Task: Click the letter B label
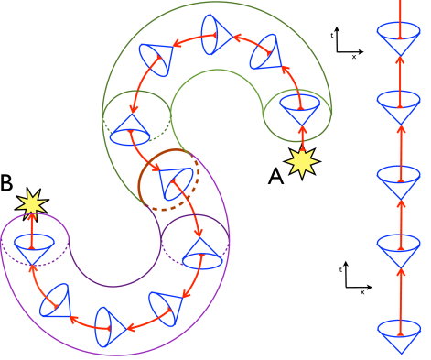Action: coord(7,183)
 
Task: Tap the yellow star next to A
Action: coord(303,161)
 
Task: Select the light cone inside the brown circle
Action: coord(172,183)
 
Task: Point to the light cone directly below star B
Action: coord(33,249)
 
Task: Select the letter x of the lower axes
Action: coord(362,293)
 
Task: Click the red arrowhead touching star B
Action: coord(33,214)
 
